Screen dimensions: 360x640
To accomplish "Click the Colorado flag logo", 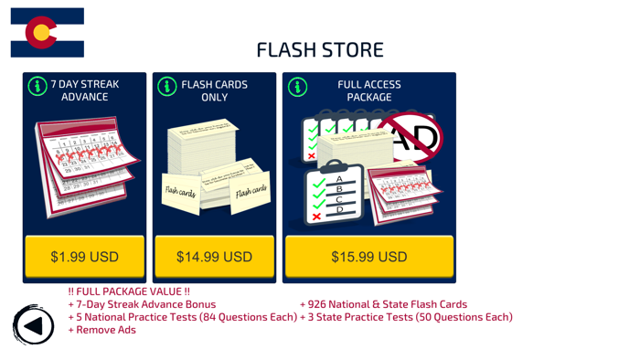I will click(x=48, y=34).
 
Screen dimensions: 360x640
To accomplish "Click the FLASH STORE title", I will click(x=319, y=49).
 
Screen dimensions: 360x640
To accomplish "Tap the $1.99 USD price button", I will click(x=84, y=257).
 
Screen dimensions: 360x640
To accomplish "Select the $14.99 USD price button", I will click(x=214, y=257).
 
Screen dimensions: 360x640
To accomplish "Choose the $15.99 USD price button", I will click(x=368, y=257).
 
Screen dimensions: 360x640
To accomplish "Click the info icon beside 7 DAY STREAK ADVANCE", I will click(x=37, y=87).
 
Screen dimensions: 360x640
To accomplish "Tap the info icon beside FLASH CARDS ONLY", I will click(x=167, y=87).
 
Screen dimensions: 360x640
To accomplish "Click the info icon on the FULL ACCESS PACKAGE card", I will click(x=297, y=87).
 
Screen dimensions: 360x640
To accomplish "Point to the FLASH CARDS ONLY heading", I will click(x=215, y=90).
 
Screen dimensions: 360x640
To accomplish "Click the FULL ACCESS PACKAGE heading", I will click(x=369, y=90).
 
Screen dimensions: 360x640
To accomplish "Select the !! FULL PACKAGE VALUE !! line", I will click(x=129, y=291).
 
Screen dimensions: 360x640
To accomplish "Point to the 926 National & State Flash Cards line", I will click(x=383, y=304).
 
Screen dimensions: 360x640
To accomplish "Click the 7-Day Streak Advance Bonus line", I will click(x=142, y=304).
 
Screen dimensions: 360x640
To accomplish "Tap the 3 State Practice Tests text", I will click(x=406, y=317).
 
